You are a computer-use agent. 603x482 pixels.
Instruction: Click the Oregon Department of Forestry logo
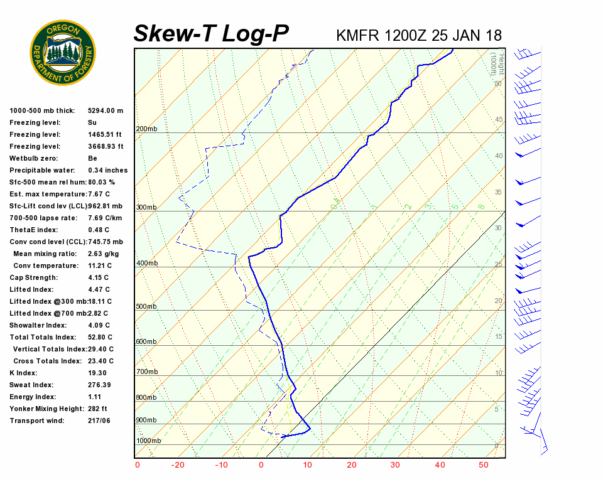click(x=63, y=53)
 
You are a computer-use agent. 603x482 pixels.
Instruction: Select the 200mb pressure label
click(x=146, y=129)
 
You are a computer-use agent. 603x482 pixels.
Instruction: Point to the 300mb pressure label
click(x=146, y=207)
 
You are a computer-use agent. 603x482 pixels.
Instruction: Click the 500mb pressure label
click(x=146, y=306)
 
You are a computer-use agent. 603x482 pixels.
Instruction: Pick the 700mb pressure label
click(x=146, y=372)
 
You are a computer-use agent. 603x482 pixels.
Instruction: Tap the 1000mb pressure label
click(x=148, y=441)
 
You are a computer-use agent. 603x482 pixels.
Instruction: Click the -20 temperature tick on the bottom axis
click(x=178, y=465)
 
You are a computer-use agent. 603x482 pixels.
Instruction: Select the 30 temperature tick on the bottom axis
click(x=395, y=465)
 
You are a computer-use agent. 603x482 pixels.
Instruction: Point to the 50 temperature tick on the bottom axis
click(x=484, y=465)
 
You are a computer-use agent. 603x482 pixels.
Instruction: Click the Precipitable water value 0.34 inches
click(x=107, y=170)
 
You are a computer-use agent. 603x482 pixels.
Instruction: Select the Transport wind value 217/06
click(x=99, y=420)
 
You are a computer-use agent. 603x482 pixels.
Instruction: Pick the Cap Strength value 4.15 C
click(x=99, y=277)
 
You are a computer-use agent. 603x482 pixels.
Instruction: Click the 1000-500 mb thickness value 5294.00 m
click(x=106, y=110)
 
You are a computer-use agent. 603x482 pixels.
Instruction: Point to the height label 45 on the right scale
click(x=499, y=120)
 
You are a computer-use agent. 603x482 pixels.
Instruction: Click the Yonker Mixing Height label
click(x=46, y=409)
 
